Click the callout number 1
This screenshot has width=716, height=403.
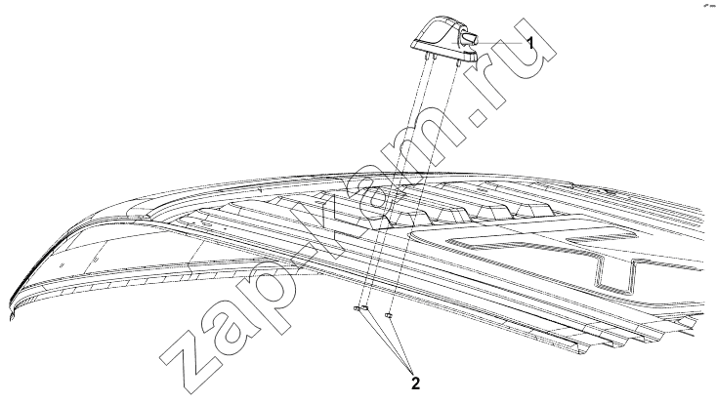[529, 43]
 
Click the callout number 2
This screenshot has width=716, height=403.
[415, 383]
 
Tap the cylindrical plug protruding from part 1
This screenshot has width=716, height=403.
[470, 38]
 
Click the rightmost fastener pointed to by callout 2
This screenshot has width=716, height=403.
[389, 314]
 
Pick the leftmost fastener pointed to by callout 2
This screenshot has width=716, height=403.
[357, 309]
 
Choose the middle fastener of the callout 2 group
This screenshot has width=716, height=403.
[364, 308]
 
